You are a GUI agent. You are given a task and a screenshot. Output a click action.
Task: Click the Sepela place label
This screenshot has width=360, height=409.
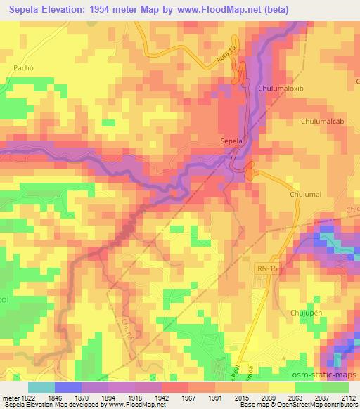click(231, 141)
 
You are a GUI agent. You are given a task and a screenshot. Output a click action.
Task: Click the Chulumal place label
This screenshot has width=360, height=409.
click(305, 193)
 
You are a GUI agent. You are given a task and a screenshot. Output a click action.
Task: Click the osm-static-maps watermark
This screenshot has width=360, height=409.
click(324, 373)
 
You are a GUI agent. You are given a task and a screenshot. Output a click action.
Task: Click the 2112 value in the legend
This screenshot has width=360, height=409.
click(348, 397)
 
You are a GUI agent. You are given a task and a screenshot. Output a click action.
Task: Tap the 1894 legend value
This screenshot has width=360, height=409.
click(108, 397)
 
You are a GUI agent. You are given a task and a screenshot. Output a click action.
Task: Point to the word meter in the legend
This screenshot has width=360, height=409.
click(10, 397)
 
